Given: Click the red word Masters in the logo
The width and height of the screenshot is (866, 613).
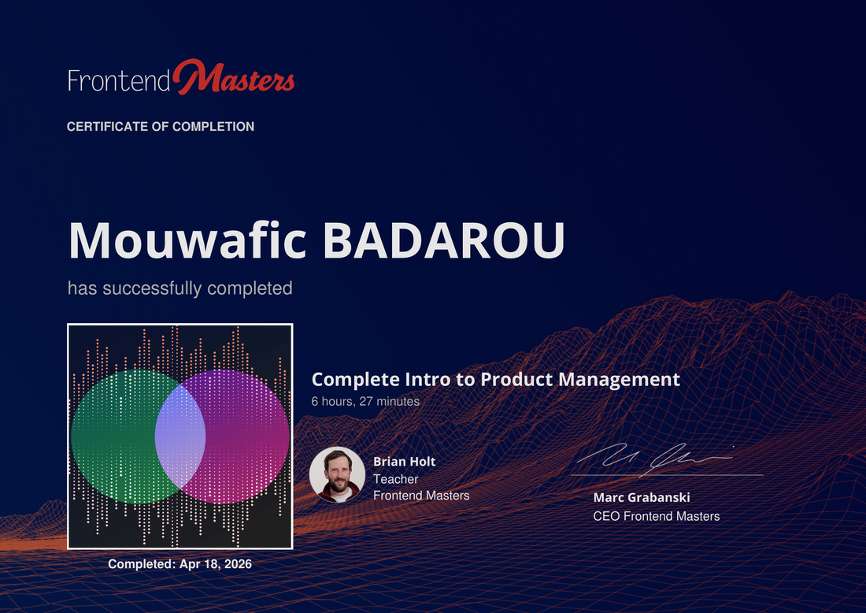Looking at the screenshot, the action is [234, 77].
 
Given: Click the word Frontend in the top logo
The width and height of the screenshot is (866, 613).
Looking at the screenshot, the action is [119, 80].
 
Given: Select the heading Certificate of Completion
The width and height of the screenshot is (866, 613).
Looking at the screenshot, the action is [161, 127].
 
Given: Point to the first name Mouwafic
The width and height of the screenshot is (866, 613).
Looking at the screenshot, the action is [187, 240].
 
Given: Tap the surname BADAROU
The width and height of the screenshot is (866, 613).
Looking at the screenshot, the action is [443, 240].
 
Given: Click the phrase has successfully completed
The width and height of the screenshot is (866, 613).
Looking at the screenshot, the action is [180, 288].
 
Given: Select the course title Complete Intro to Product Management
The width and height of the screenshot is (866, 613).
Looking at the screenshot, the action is [495, 379].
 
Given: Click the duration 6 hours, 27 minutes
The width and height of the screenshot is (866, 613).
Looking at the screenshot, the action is [365, 401].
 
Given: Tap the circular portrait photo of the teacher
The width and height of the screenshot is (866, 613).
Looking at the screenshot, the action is [338, 474].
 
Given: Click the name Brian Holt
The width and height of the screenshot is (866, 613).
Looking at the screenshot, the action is [405, 462].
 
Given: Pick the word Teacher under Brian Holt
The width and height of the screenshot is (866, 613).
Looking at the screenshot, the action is [395, 479].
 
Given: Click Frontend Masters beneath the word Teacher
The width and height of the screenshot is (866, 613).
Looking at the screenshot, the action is [421, 496].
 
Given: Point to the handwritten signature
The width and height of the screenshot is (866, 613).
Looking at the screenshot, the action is [655, 459].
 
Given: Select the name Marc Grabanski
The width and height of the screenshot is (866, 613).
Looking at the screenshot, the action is [641, 497].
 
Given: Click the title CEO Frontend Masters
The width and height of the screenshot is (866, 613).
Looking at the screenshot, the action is [656, 516].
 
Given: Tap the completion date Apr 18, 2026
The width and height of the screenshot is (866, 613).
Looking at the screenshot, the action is [216, 564].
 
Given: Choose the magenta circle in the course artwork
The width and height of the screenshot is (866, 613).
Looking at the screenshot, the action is [246, 437].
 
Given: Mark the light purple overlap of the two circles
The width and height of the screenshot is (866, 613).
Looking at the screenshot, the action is [180, 437].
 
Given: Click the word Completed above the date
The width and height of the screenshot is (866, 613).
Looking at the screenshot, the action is [142, 564].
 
